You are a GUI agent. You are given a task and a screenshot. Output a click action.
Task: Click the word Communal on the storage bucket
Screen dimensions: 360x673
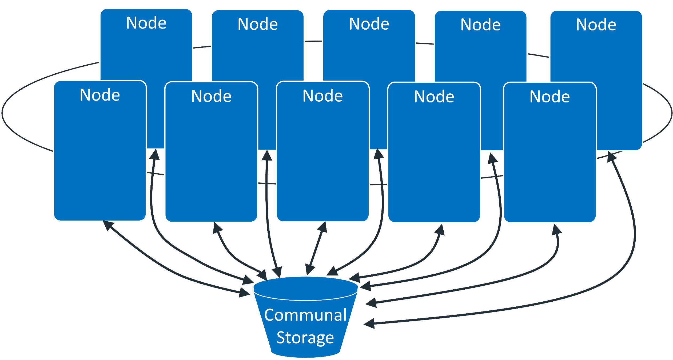(x=305, y=315)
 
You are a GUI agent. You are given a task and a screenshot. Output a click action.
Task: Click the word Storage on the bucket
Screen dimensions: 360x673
(x=305, y=338)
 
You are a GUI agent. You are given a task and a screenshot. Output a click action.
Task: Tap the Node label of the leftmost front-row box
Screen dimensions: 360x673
(x=100, y=95)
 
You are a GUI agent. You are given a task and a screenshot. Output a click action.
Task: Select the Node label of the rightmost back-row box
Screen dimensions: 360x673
(x=596, y=25)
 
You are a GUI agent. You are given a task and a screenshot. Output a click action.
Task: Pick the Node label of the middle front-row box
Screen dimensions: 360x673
(x=322, y=96)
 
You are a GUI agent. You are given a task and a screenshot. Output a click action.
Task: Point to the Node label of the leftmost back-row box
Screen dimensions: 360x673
(x=146, y=23)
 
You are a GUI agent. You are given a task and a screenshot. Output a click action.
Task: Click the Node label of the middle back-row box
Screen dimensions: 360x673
(x=369, y=24)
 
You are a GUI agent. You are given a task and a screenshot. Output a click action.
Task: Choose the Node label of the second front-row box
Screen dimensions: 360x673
(x=211, y=96)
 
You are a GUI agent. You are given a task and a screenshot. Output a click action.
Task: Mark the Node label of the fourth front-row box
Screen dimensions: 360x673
(x=434, y=97)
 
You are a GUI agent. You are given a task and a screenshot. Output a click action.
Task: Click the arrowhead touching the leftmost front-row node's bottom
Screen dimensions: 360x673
(x=107, y=225)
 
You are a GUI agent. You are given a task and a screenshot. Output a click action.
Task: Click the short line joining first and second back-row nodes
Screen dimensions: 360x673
(x=202, y=47)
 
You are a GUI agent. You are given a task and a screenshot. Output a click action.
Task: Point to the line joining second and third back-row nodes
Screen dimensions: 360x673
(x=313, y=41)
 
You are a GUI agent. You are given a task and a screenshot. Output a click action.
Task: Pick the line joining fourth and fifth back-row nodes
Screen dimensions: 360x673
(x=538, y=55)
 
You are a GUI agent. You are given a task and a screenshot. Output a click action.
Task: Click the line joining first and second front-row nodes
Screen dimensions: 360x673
(x=156, y=174)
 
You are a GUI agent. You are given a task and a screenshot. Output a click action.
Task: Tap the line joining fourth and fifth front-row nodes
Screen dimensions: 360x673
(x=492, y=177)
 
